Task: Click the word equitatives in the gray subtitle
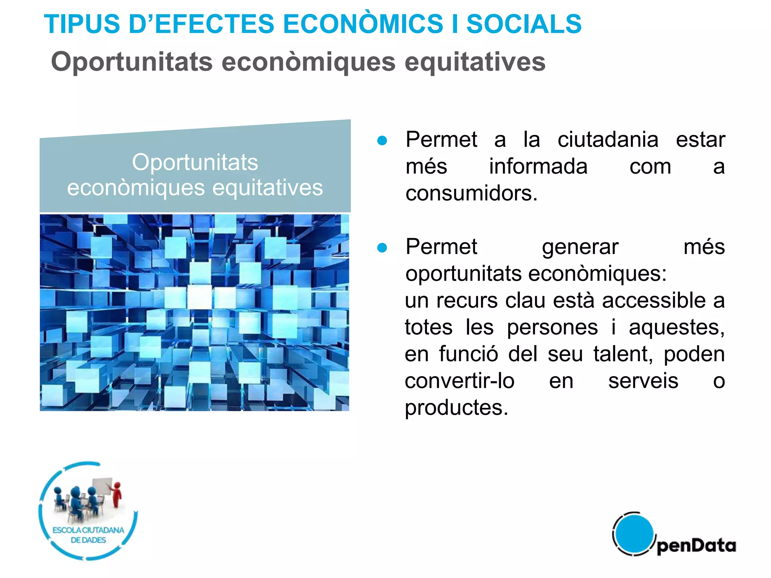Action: tap(475, 62)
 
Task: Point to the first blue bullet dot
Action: tap(382, 141)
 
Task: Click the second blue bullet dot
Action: tap(382, 248)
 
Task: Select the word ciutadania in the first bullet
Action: tap(608, 140)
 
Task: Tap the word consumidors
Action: tap(471, 193)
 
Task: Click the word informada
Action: tap(538, 167)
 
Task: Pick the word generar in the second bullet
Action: tap(580, 247)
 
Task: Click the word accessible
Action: tap(654, 301)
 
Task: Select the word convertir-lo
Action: tap(459, 381)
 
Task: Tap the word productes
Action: tap(456, 408)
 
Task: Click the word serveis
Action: tap(643, 381)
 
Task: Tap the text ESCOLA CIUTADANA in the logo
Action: tap(88, 530)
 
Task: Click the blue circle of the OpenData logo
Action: tap(634, 534)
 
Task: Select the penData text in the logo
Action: tap(696, 546)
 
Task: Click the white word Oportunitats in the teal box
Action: tap(195, 163)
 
